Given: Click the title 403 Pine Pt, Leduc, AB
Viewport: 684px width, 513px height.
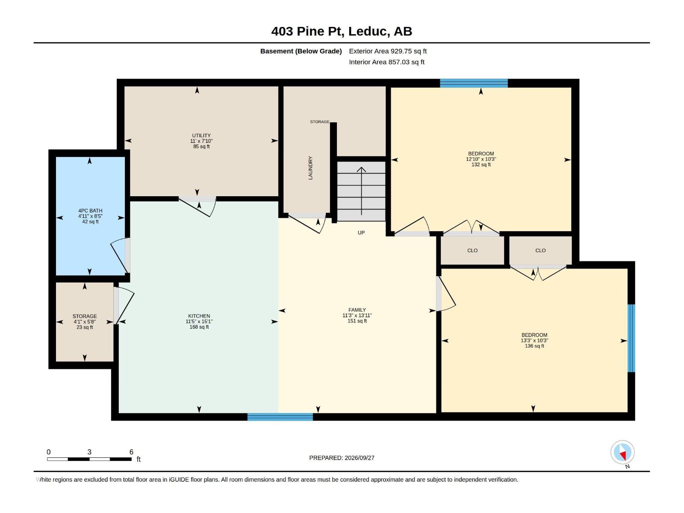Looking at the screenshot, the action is [x=342, y=31].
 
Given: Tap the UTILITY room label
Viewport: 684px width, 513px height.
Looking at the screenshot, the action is [x=201, y=136].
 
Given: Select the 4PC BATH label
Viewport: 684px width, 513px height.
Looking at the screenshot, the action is [x=90, y=211].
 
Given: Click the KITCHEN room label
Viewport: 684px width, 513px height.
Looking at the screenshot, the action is [x=199, y=316].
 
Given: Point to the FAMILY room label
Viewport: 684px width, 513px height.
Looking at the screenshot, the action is [x=357, y=310].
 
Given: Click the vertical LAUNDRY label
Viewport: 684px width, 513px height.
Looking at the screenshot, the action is [x=310, y=168].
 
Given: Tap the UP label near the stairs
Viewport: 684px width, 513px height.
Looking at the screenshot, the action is [x=361, y=233].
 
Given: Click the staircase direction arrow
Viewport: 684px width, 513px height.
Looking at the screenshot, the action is [x=362, y=191].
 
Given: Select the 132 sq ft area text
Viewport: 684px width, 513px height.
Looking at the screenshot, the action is [x=481, y=165].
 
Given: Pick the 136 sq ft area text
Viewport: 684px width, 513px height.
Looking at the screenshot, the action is [x=534, y=346].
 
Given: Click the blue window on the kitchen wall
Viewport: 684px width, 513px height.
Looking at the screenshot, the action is [x=280, y=417].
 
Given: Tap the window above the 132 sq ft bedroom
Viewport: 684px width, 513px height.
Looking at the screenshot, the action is [x=474, y=83].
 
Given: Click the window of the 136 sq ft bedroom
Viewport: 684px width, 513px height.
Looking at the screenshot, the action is [x=631, y=338].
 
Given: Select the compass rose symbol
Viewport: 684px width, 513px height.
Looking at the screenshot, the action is [x=622, y=452].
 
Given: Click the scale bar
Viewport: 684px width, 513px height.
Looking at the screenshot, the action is [x=89, y=459].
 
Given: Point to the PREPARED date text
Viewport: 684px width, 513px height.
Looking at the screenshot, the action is [x=342, y=458].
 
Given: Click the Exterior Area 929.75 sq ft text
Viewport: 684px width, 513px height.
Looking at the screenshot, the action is [x=388, y=51].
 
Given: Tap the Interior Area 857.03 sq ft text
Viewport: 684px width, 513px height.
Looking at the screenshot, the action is [x=387, y=62].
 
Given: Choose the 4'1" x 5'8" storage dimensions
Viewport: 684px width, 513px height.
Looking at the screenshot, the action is [x=85, y=322].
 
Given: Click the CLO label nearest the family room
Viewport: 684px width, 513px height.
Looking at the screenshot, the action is [x=472, y=251].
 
